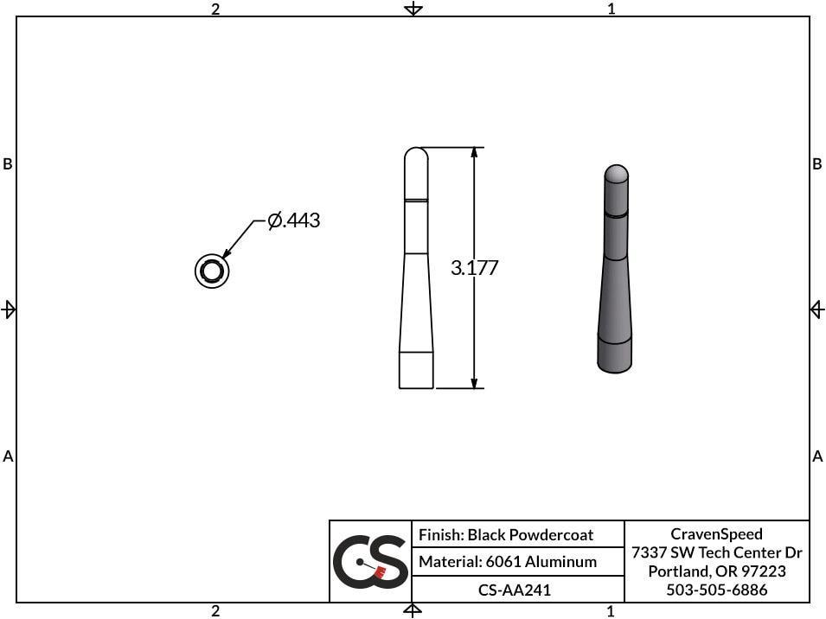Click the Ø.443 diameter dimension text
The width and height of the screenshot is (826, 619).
294,221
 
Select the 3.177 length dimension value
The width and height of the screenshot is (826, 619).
475,268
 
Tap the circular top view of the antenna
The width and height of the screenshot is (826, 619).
211,271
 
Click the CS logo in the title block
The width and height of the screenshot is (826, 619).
370,561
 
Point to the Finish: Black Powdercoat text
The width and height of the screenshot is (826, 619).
506,535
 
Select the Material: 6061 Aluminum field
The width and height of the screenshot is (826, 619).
508,562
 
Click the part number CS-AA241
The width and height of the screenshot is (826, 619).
515,590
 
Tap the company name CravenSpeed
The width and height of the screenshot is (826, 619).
716,534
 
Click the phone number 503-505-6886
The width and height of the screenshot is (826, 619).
716,590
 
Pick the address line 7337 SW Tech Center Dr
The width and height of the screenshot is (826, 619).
716,552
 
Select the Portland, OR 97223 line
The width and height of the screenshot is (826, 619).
716,571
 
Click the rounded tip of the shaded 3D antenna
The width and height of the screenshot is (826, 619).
615,173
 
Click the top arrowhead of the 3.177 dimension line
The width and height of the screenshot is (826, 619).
474,154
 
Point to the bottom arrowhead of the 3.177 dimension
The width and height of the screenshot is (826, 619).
474,382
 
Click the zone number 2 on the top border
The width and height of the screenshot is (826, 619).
215,9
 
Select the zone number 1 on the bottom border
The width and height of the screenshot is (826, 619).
611,611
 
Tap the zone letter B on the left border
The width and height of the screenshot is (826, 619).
8,164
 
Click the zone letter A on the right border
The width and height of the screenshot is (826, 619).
817,456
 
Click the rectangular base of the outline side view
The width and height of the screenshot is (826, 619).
416,370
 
